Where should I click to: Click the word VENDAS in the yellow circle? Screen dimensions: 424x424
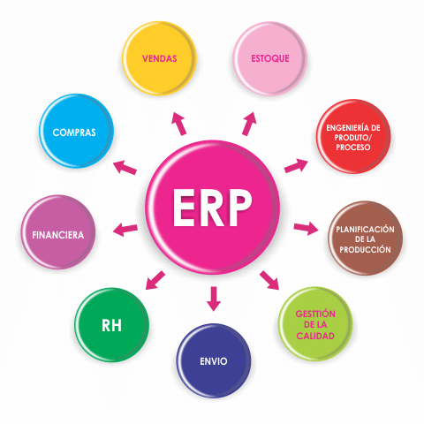click(160, 58)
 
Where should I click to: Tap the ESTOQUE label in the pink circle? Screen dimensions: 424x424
click(270, 58)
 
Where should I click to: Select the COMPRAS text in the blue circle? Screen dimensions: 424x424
click(74, 132)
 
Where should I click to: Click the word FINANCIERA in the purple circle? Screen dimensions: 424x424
click(58, 235)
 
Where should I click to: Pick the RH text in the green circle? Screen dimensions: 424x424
click(111, 326)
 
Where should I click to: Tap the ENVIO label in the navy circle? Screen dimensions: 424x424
click(214, 361)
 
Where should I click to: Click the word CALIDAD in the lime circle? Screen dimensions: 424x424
click(315, 336)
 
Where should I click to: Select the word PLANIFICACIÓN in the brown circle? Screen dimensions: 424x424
click(365, 229)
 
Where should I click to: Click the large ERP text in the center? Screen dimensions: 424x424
click(212, 208)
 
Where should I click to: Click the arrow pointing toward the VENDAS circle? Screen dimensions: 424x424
click(179, 124)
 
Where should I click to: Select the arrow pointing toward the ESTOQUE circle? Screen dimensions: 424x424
click(249, 124)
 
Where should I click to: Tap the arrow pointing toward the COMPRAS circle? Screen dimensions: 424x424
click(125, 167)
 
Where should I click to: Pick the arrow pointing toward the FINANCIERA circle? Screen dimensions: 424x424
click(125, 230)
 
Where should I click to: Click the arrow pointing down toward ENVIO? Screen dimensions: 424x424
click(214, 299)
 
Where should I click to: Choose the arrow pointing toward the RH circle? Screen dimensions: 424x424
click(155, 280)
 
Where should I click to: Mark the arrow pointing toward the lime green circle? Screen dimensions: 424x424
click(269, 280)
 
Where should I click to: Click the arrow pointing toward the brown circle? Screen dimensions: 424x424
click(306, 229)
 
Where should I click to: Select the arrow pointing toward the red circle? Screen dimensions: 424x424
click(296, 166)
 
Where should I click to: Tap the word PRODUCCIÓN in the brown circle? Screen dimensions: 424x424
click(365, 249)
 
